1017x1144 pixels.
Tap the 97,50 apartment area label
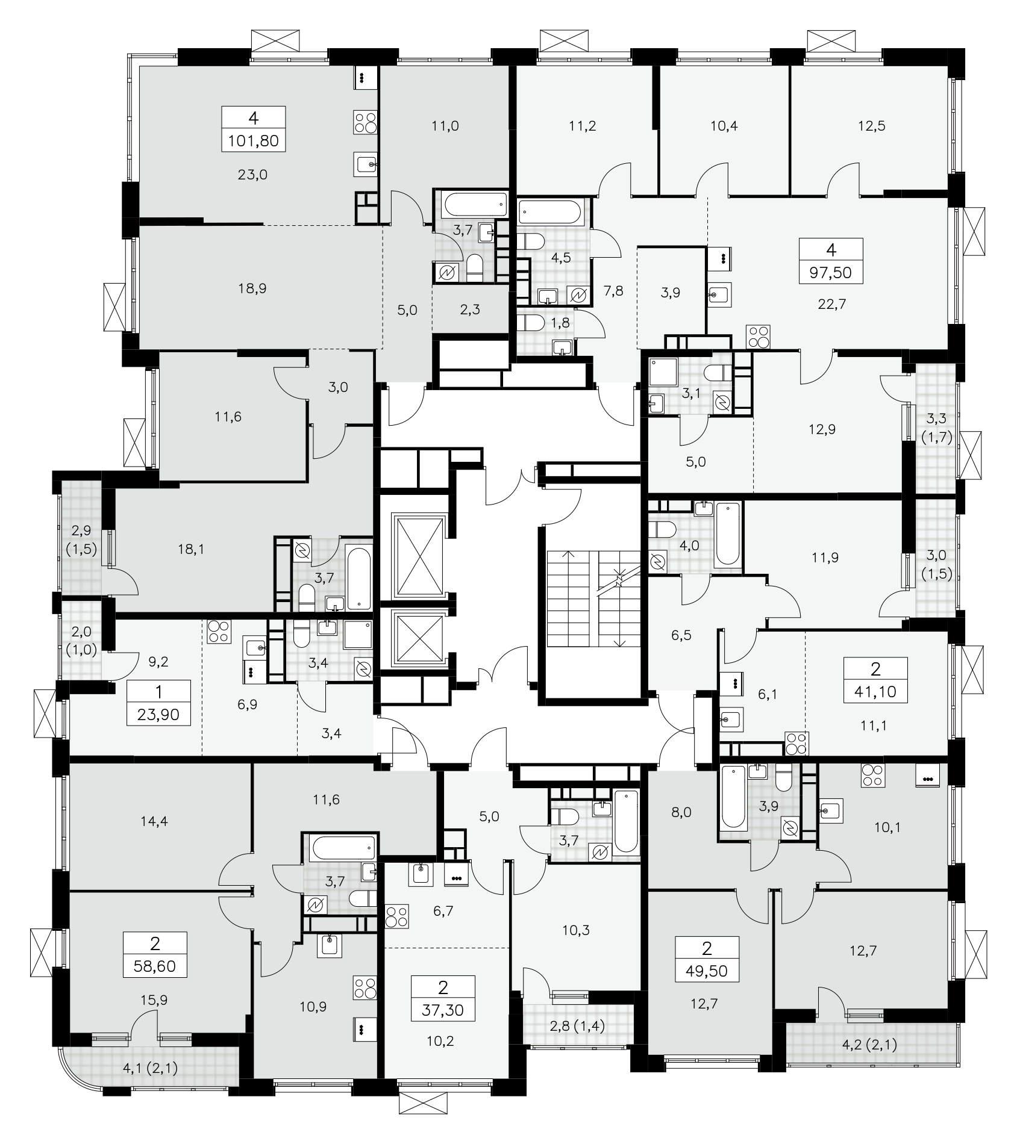(x=831, y=272)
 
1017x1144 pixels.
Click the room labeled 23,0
(x=253, y=175)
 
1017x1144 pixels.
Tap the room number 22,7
(x=831, y=304)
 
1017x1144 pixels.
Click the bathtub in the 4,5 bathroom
(x=551, y=213)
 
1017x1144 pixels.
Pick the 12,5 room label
(x=871, y=126)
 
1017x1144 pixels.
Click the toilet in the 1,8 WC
(x=531, y=323)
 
